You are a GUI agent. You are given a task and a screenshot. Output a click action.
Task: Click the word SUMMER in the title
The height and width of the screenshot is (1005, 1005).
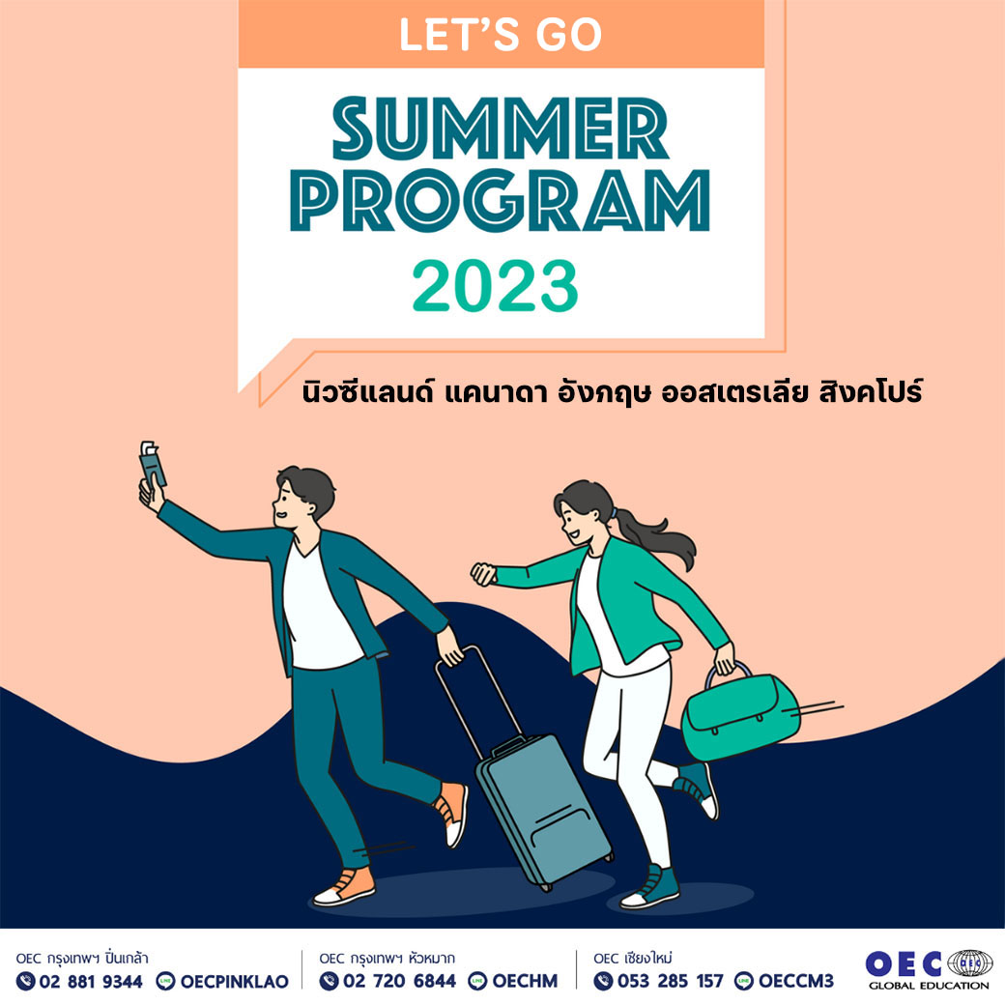pos(501,128)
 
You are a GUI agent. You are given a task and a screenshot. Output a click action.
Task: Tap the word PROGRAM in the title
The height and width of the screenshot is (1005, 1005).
pos(500,201)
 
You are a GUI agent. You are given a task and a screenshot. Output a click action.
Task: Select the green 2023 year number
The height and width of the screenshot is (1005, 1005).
pos(495,286)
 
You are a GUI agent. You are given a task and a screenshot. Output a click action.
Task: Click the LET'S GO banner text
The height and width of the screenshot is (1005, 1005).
pos(501,35)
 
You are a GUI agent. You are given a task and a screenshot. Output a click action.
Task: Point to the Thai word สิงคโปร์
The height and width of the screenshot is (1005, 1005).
pos(871,389)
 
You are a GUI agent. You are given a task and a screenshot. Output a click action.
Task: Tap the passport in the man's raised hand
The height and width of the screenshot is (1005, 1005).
pos(152,464)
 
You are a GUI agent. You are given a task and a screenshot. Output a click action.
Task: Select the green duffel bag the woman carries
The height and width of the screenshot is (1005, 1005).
pos(739,710)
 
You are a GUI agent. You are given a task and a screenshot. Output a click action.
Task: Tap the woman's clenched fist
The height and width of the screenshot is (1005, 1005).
pos(484,574)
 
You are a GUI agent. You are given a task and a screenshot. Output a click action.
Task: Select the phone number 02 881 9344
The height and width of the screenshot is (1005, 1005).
pos(91,981)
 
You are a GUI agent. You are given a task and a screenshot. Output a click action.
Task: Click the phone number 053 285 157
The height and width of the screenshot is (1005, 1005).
pos(670,981)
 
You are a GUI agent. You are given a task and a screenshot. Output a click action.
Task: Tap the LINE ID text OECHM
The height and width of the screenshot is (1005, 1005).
pos(525,981)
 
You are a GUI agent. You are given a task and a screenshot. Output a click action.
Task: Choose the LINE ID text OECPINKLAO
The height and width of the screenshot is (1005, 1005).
pos(235,981)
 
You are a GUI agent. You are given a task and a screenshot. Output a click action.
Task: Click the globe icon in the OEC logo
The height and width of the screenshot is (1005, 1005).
pos(970,963)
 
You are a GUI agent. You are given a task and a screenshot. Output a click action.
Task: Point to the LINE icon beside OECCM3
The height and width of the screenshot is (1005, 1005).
pos(743,981)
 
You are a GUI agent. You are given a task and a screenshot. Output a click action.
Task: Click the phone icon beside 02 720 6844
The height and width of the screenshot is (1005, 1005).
pos(329,981)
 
